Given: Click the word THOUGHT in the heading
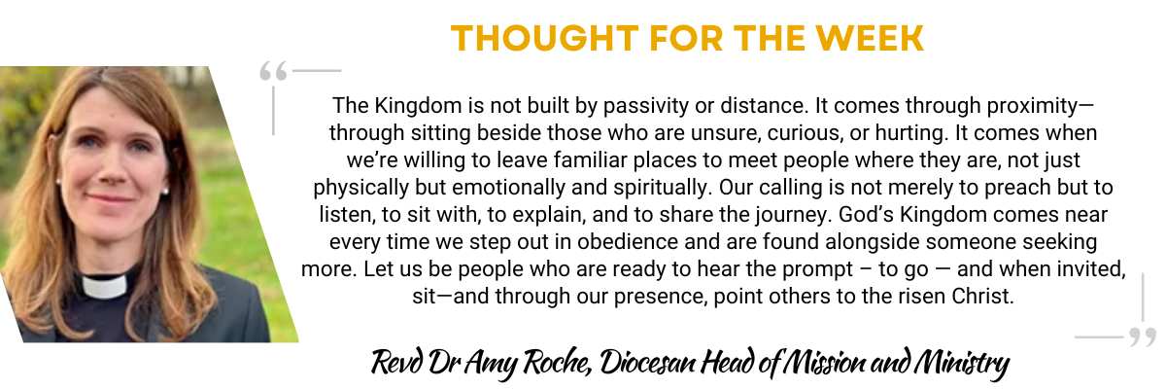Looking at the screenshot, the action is (544, 38).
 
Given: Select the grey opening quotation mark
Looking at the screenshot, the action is (273, 71).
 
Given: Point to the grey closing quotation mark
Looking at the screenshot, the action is (1143, 337).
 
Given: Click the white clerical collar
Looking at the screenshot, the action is (105, 286).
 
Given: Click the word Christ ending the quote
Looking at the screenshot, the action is (982, 297).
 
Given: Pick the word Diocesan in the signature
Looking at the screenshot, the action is (647, 362).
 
